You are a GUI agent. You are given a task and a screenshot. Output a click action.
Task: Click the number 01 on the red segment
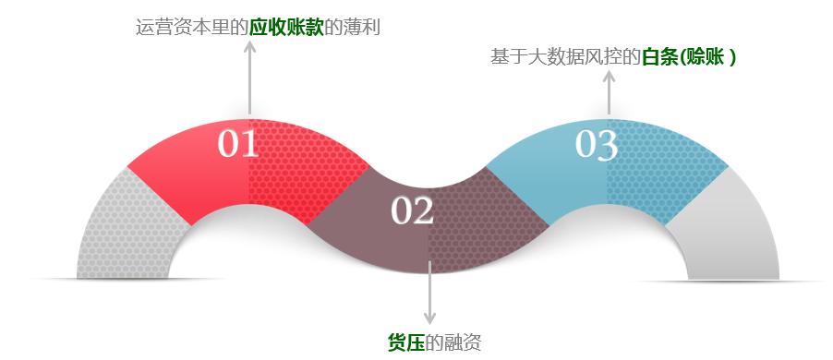click(237, 145)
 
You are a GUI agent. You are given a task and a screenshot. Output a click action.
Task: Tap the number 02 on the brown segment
click(412, 211)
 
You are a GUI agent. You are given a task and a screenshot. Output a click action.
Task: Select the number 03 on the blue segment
click(596, 145)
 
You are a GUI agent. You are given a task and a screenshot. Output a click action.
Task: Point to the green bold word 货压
click(405, 342)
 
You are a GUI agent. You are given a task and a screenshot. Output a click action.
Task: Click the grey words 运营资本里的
click(192, 27)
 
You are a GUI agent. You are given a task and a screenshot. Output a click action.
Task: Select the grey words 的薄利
click(353, 27)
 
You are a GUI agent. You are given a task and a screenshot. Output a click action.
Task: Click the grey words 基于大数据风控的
click(565, 56)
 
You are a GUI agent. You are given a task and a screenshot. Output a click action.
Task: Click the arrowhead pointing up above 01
click(249, 45)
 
